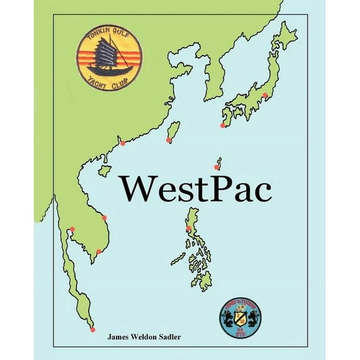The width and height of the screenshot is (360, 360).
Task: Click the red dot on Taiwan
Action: [x=168, y=141]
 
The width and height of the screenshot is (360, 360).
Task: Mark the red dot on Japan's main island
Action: [x=265, y=96]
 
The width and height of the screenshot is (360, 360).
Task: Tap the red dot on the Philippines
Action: [x=189, y=229]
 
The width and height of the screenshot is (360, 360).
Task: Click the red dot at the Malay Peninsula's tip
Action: [x=93, y=329]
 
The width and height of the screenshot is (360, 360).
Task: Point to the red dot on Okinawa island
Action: [x=216, y=167]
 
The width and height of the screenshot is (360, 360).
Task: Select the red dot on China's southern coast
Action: [x=122, y=143]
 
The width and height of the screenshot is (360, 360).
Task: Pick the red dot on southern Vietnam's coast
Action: [x=98, y=252]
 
